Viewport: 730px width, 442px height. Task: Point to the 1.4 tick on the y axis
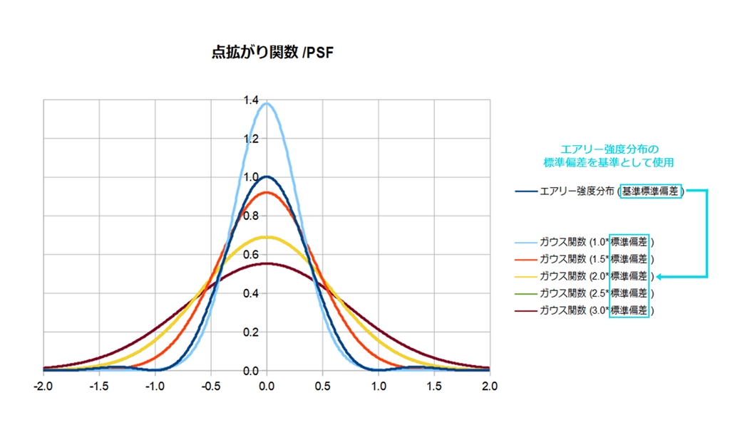point(252,100)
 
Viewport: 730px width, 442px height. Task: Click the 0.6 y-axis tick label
point(252,255)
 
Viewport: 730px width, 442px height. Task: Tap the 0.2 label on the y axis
point(252,332)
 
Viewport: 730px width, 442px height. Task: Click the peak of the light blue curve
point(267,103)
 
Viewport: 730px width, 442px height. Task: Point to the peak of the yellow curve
point(267,237)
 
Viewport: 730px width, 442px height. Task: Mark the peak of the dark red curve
point(267,263)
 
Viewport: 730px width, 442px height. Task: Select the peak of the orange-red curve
point(267,192)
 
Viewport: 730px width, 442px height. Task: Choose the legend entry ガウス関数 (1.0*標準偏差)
point(596,241)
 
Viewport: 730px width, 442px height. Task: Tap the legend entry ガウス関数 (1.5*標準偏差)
point(596,258)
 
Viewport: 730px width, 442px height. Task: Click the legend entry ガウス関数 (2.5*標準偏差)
point(596,293)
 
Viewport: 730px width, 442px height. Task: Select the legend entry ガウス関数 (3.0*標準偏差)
point(596,310)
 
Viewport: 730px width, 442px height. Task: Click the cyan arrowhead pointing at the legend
point(659,276)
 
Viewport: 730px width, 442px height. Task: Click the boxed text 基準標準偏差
point(651,191)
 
